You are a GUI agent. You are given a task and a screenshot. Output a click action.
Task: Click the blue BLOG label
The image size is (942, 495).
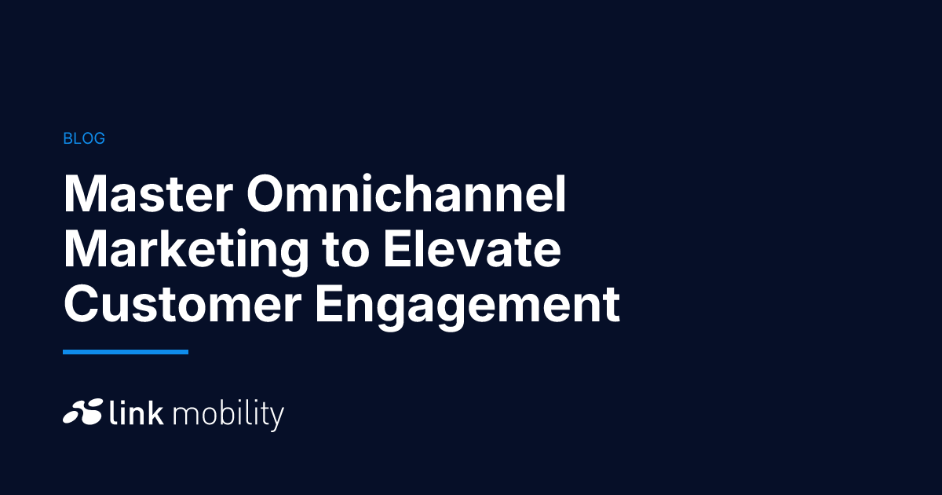[84, 138]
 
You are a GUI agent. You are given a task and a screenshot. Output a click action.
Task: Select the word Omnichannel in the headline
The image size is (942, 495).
[407, 193]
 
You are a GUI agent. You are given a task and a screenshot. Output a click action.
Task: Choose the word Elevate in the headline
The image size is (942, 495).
[473, 249]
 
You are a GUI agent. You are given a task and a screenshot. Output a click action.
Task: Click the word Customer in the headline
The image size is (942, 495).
[182, 303]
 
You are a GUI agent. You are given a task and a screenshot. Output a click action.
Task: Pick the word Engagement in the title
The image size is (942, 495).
[467, 307]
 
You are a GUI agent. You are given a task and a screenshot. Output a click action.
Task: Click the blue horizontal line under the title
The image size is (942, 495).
[126, 352]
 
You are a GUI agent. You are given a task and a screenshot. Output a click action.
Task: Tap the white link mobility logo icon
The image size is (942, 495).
[83, 411]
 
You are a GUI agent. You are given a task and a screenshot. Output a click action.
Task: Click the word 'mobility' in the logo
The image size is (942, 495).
[228, 416]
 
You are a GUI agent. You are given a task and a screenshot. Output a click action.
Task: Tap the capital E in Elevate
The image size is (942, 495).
[397, 249]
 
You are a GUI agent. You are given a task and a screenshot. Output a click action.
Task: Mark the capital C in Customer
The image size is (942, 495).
[82, 303]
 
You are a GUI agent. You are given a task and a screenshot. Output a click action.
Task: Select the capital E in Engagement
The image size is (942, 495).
[330, 303]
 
